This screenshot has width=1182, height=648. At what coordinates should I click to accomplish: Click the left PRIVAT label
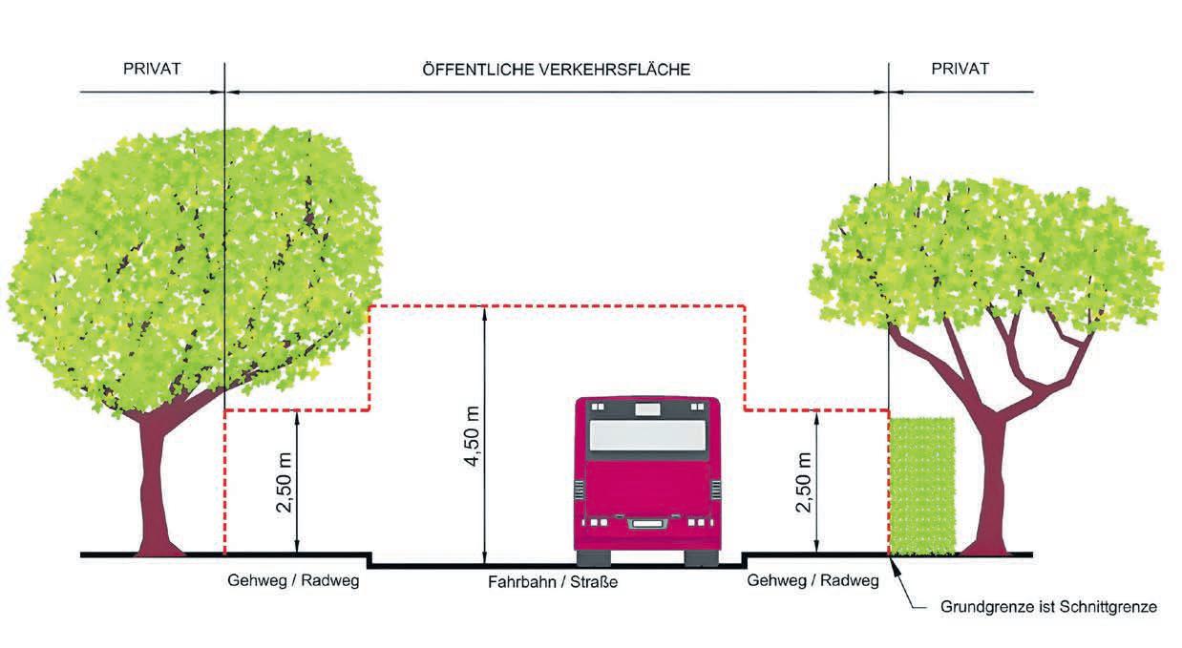pos(152,70)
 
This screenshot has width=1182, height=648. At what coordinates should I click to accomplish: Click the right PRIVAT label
pos(960,70)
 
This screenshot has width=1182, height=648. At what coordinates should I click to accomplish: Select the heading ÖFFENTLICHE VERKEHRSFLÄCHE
pos(556,70)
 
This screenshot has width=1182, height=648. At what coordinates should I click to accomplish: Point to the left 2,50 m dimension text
pos(284,483)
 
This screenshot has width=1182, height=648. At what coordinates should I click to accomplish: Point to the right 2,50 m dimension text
pos(803,483)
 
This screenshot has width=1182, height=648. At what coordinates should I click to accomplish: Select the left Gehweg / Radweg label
pos(293,580)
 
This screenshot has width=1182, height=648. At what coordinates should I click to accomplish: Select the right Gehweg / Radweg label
pos(813,580)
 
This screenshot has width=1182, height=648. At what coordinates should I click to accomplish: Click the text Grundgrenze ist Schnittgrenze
pos(1048,607)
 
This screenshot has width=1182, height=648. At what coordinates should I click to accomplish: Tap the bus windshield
pos(647,436)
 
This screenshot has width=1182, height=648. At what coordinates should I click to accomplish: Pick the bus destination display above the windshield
pos(647,408)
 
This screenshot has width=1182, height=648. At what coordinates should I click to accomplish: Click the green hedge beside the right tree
pos(921,486)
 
